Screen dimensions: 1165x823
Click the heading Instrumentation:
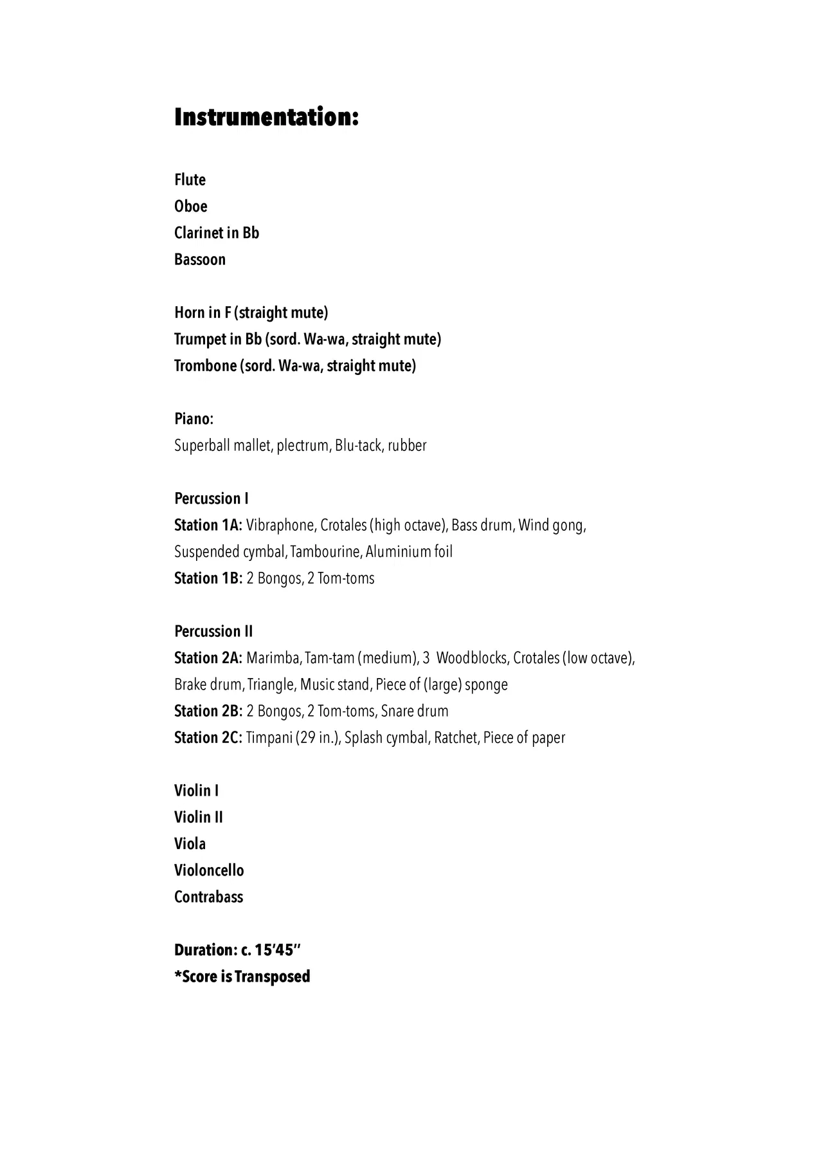pyautogui.click(x=266, y=118)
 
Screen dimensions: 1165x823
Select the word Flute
pyautogui.click(x=190, y=179)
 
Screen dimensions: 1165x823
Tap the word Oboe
pyautogui.click(x=191, y=206)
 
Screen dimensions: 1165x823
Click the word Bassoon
pyautogui.click(x=200, y=259)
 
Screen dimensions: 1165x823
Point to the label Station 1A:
pyautogui.click(x=208, y=525)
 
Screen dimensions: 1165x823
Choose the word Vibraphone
pyautogui.click(x=280, y=525)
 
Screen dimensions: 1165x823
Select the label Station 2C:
pyautogui.click(x=208, y=737)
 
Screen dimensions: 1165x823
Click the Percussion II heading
pyautogui.click(x=213, y=631)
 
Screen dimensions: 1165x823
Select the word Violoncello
pyautogui.click(x=209, y=870)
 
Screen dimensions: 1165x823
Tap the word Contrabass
pyautogui.click(x=208, y=897)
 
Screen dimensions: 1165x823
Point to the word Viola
pyautogui.click(x=190, y=843)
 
